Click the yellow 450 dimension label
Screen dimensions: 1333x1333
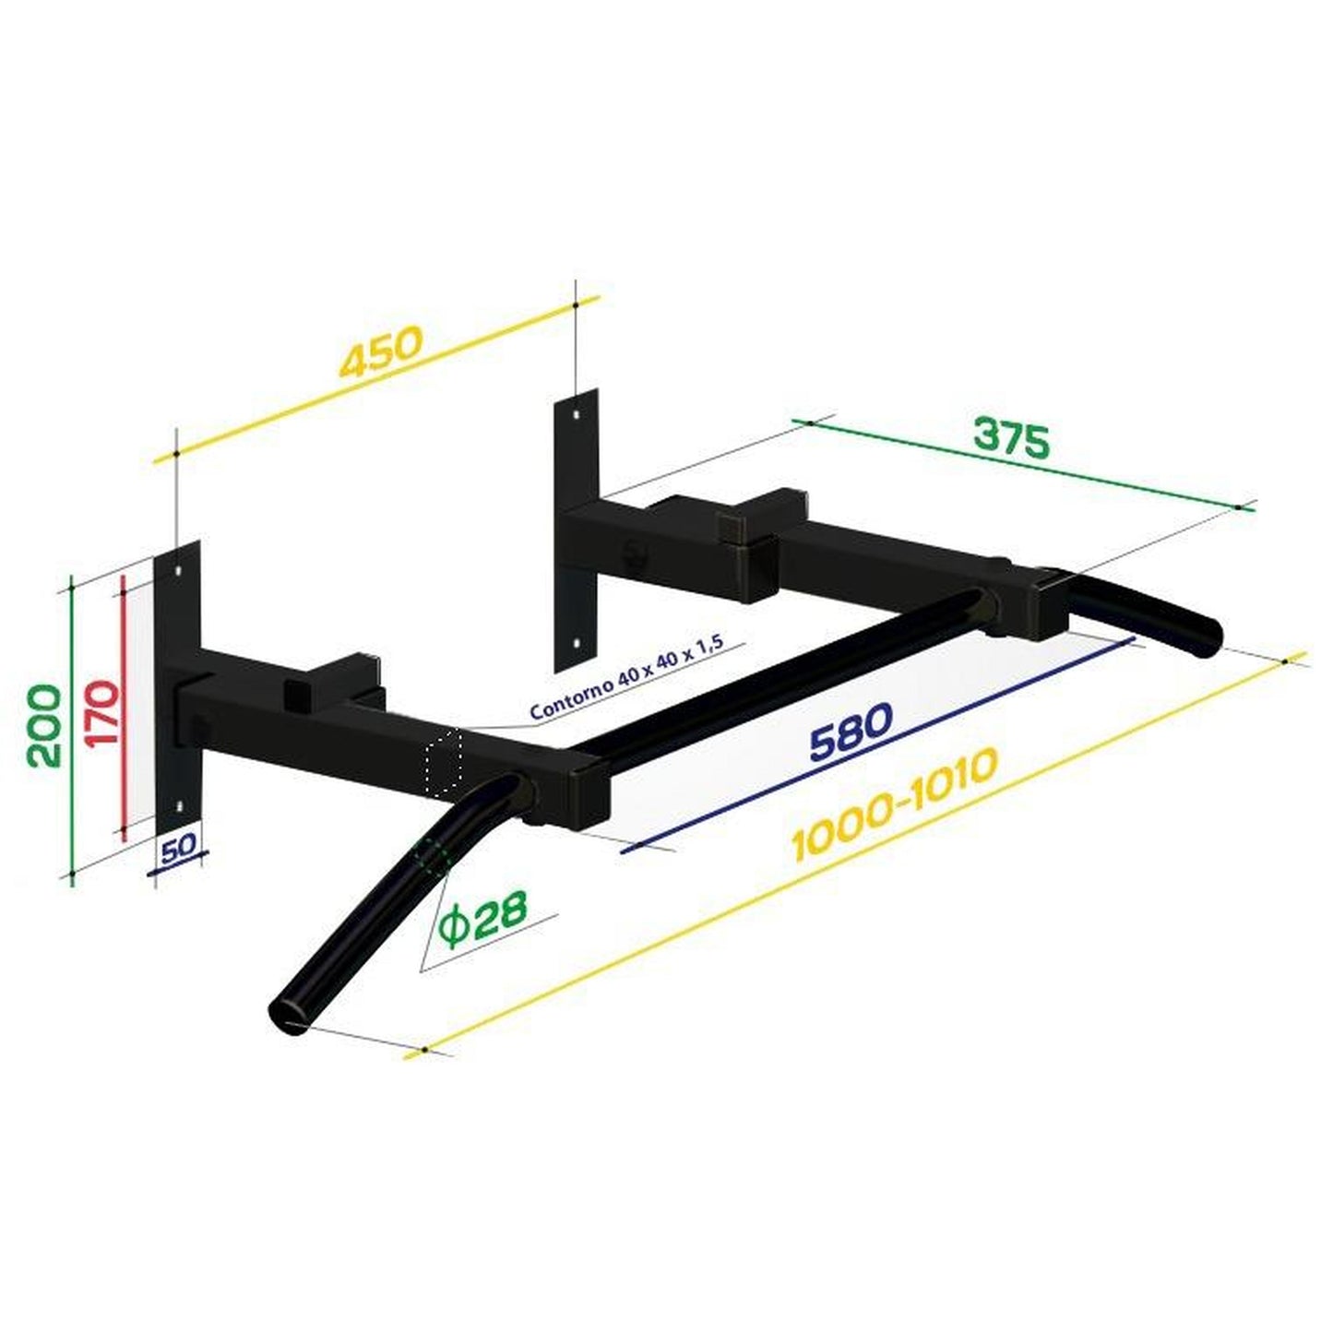tap(381, 351)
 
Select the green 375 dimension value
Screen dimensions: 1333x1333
tap(1012, 440)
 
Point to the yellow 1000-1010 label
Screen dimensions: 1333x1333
tap(894, 803)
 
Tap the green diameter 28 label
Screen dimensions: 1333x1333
tap(482, 915)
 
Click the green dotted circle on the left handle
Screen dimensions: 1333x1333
tap(432, 856)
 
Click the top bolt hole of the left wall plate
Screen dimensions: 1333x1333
tap(179, 572)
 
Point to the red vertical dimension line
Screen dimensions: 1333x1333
tap(123, 706)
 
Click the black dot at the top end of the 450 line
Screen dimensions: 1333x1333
tap(575, 303)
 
